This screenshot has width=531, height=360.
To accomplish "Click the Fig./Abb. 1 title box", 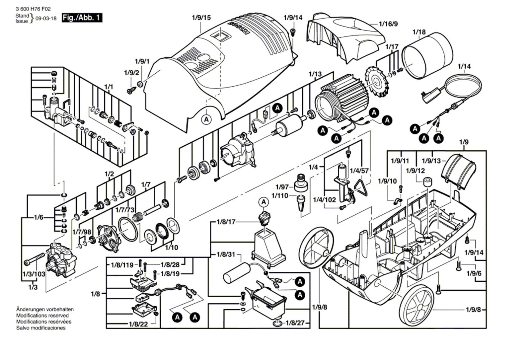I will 82,18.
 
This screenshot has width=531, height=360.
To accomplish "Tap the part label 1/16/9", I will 388,24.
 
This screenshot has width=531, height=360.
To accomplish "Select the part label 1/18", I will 419,32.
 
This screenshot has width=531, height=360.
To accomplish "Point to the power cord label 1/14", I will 464,66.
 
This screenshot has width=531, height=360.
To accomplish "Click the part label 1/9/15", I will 201,18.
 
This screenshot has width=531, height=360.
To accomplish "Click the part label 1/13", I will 315,74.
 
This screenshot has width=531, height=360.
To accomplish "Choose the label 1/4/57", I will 359,171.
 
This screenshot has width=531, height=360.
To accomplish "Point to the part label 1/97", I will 282,187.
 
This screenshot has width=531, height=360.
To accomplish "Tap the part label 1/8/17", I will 226,222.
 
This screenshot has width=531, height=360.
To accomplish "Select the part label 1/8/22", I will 138,324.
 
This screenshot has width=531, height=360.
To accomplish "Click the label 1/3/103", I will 34,274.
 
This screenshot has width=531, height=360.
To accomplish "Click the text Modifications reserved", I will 42,316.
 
